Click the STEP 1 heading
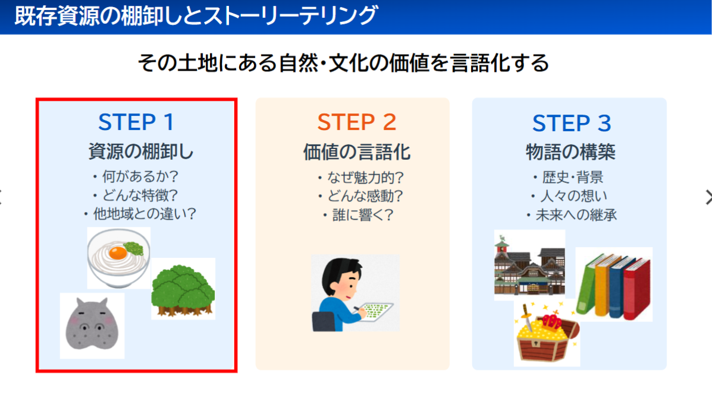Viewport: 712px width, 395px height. [136, 122]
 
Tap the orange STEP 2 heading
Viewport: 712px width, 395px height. [357, 122]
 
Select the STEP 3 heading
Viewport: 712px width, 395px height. [572, 124]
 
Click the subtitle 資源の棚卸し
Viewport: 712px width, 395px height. [141, 151]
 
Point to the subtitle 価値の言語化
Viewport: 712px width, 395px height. [357, 153]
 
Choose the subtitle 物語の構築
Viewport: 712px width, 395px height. [571, 152]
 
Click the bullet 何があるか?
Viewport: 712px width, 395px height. [136, 176]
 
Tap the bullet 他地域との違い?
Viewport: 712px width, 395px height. [140, 214]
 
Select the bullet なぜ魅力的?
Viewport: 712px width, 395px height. [361, 178]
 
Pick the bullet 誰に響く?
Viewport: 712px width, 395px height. [358, 215]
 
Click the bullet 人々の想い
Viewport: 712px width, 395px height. [569, 196]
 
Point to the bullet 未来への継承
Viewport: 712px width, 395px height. [572, 215]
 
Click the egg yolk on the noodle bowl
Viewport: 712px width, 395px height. [118, 252]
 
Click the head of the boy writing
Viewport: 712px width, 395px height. [341, 277]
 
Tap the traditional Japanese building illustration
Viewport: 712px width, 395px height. [529, 265]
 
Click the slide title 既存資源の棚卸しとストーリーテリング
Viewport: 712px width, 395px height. [196, 16]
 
